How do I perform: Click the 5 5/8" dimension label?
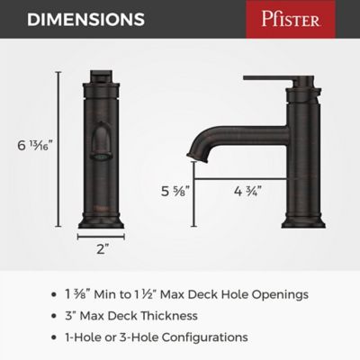click(x=172, y=190)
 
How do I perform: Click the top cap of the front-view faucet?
click(x=102, y=76)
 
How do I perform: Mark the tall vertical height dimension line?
click(x=59, y=148)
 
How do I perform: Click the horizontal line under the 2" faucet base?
click(x=102, y=237)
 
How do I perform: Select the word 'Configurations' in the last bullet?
click(x=207, y=337)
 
